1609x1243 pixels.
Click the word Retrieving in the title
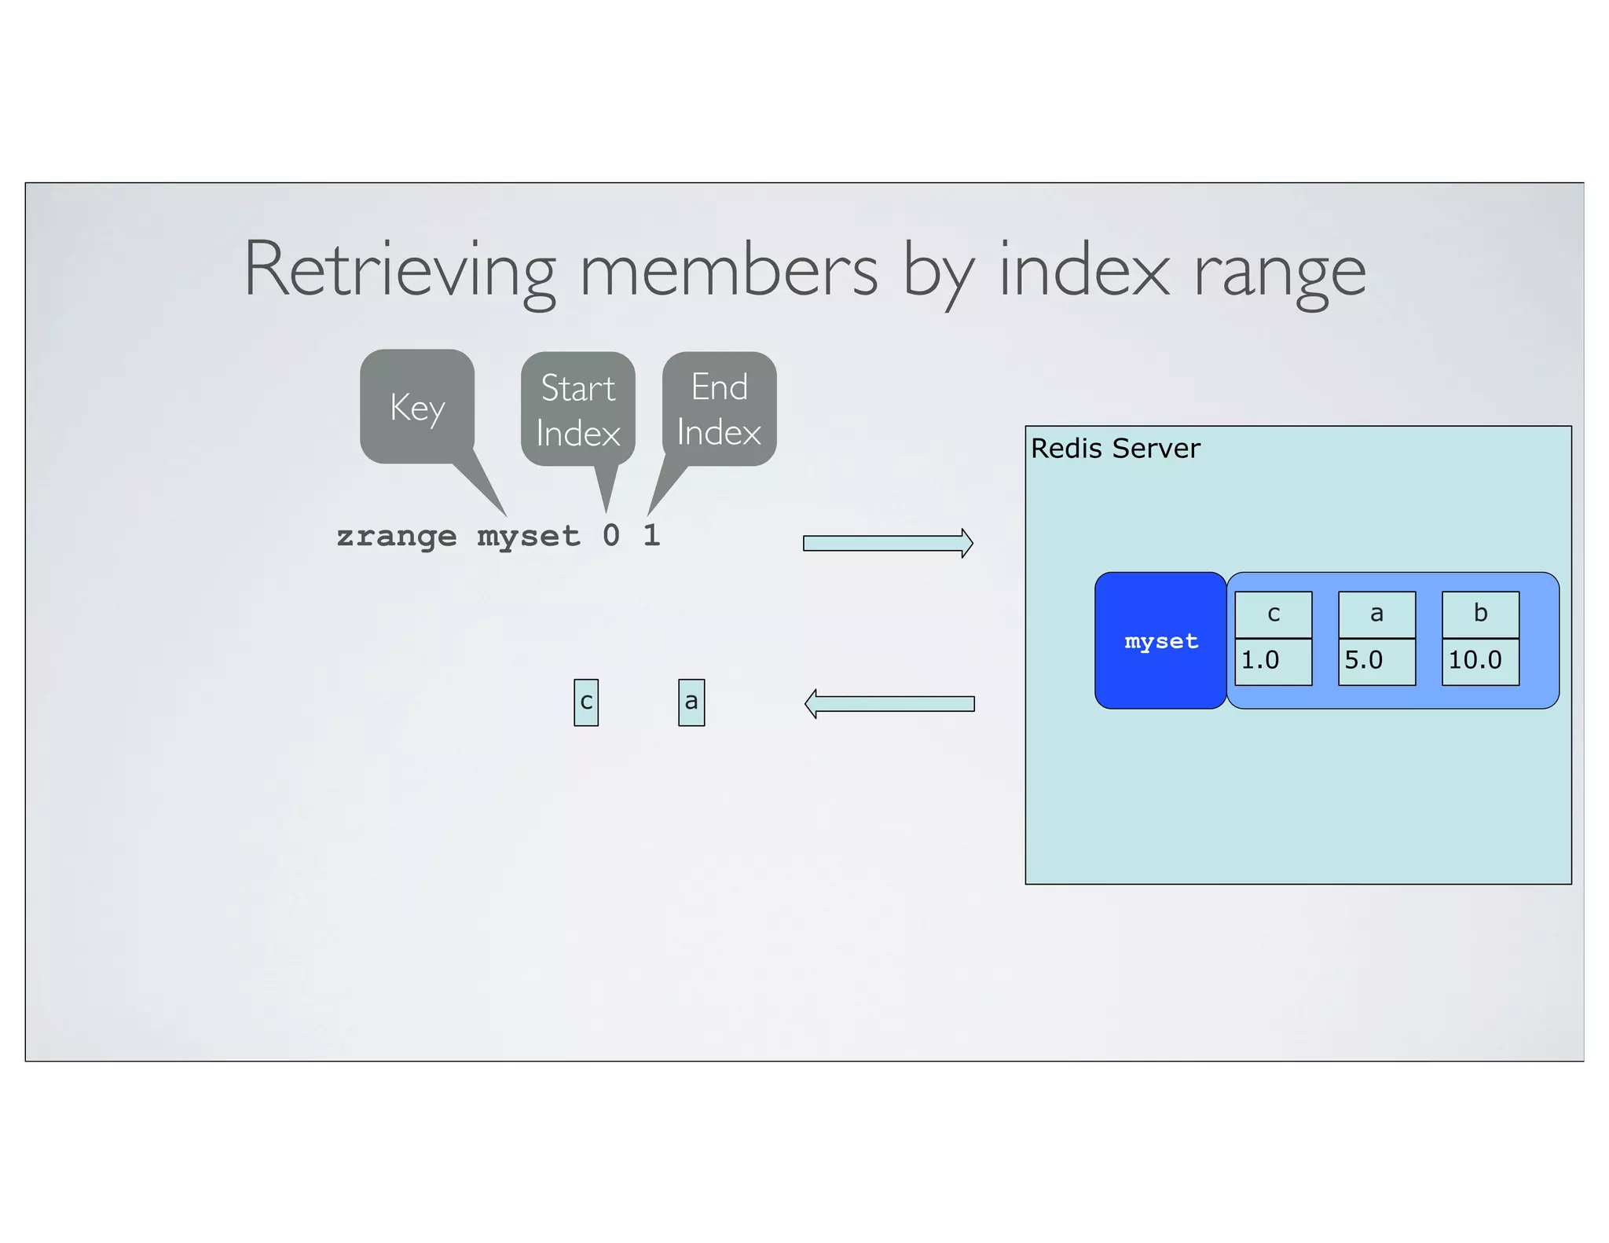(400, 269)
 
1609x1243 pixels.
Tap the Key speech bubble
(417, 406)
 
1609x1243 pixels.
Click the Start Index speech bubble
(577, 409)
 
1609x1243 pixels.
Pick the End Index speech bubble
(719, 409)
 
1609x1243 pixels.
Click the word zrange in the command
(396, 536)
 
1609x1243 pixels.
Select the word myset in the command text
(528, 536)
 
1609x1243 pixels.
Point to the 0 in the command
(611, 536)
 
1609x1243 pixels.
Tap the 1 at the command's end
(651, 536)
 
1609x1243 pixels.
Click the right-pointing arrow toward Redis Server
(888, 543)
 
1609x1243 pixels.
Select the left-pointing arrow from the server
(889, 703)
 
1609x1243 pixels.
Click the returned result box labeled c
(586, 702)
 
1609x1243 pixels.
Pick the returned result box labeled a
(691, 702)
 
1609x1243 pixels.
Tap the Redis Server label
(1115, 449)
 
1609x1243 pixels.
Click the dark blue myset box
(1160, 640)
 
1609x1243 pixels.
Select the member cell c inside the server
(1274, 614)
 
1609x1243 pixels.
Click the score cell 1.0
(1274, 661)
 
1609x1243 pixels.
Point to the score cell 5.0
(1376, 661)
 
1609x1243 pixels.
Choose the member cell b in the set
(1480, 614)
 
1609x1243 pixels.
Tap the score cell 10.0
(1480, 661)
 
